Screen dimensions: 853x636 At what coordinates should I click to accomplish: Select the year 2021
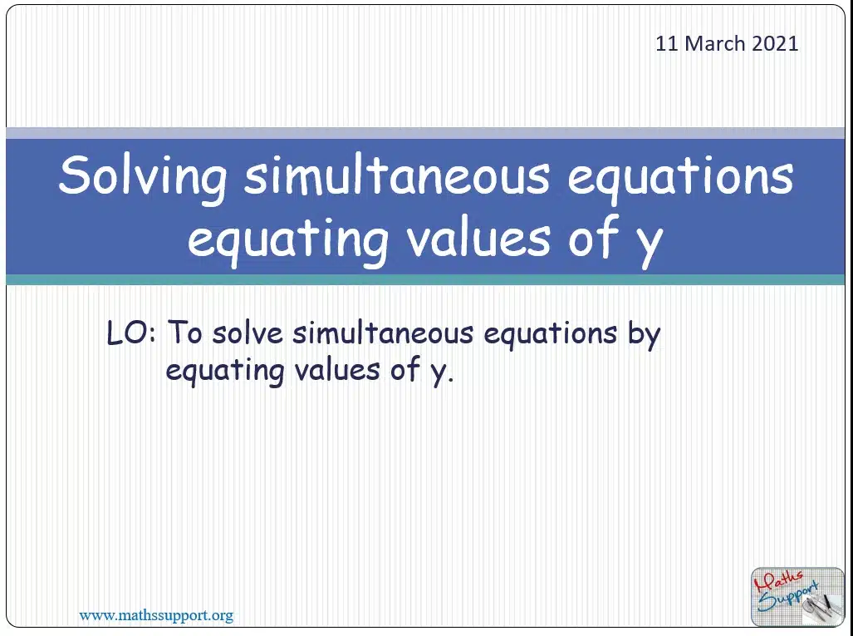(775, 43)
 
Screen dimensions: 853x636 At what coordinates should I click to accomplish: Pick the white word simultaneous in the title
(396, 175)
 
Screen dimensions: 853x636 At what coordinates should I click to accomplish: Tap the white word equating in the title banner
(287, 239)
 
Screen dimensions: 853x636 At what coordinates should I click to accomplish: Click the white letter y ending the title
(650, 246)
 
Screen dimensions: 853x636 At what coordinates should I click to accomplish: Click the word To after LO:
(185, 333)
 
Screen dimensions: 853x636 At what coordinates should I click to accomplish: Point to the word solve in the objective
(248, 333)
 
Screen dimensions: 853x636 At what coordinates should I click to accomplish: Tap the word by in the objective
(644, 334)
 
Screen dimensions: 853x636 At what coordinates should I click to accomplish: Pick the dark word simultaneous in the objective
(383, 333)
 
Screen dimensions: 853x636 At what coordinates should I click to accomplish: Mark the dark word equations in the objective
(551, 334)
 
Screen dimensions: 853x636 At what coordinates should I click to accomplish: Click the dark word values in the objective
(337, 370)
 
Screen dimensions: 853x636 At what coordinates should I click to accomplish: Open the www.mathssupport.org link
(156, 616)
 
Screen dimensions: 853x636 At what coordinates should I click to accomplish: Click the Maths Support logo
(797, 597)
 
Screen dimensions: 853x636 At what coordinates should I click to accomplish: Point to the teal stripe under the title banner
(425, 280)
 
